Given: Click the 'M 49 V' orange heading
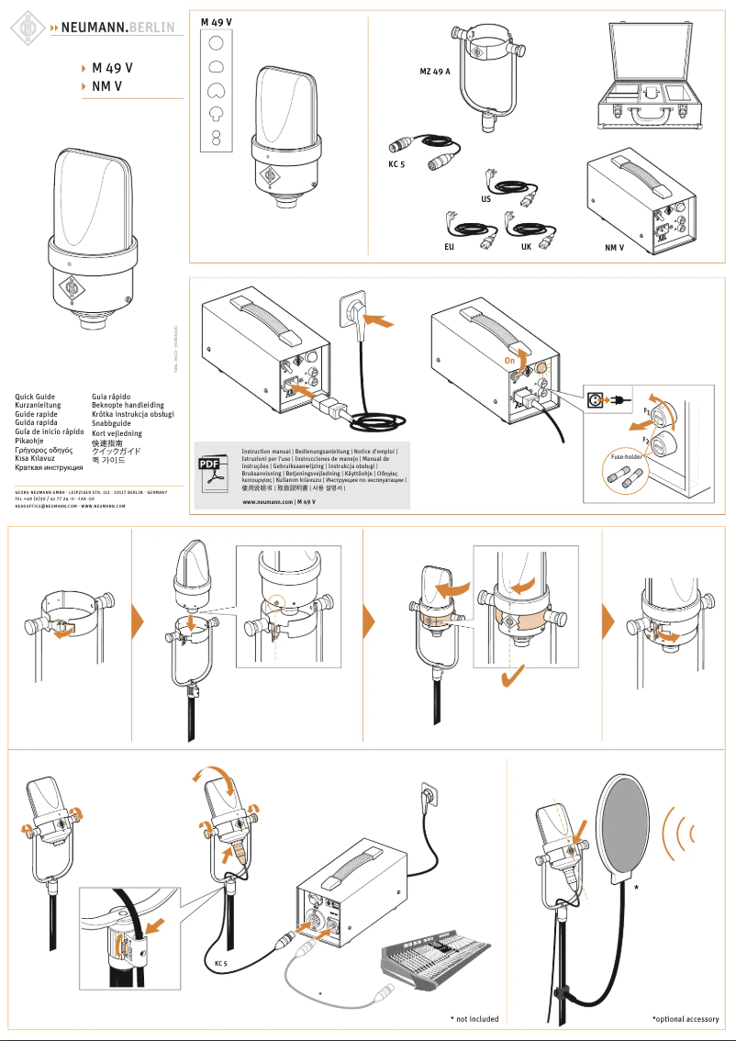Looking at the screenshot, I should click(112, 68).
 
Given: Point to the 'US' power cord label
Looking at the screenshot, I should click(485, 198).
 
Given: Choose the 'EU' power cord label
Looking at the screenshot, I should click(449, 248).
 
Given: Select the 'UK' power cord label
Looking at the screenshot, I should click(526, 248).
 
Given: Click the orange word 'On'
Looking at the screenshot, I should click(510, 362).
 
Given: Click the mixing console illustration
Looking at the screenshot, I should click(445, 958).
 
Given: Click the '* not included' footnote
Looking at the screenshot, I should click(474, 1019).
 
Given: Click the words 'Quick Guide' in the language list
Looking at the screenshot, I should click(36, 397).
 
